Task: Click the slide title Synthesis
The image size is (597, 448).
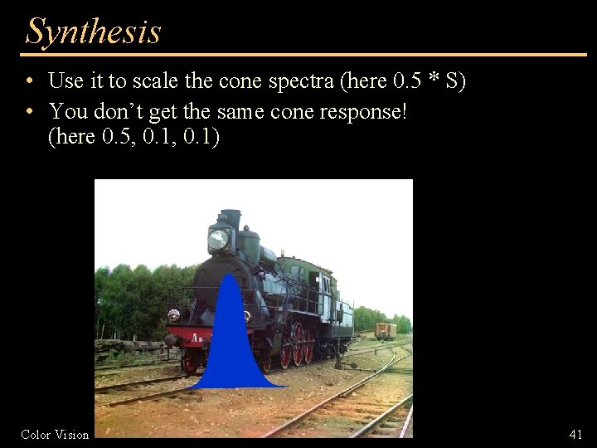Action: [x=93, y=32]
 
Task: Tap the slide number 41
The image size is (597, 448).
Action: [x=575, y=434]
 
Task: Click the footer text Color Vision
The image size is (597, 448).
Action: [x=55, y=434]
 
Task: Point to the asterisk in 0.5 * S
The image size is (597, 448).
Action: [x=432, y=81]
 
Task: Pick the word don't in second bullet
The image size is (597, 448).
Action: [x=115, y=110]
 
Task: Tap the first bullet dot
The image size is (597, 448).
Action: [x=29, y=81]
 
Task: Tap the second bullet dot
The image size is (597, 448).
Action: [x=29, y=110]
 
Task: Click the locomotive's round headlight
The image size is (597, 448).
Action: [x=218, y=239]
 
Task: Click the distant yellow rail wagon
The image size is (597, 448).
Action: [x=385, y=330]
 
